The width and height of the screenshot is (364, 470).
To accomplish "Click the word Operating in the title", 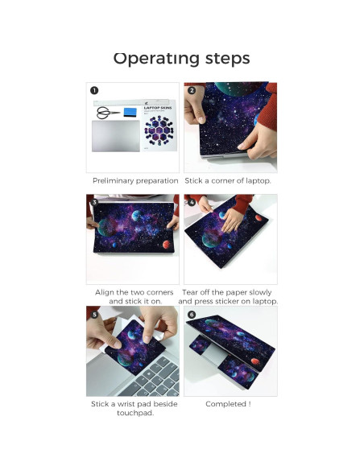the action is pyautogui.click(x=156, y=59).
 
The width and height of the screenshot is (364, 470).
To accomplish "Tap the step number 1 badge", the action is pyautogui.click(x=94, y=90).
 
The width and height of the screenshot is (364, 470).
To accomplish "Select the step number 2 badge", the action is pyautogui.click(x=192, y=90).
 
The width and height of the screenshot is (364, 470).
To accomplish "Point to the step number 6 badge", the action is pyautogui.click(x=192, y=314).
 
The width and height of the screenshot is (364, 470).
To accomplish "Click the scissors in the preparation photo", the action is pyautogui.click(x=108, y=113).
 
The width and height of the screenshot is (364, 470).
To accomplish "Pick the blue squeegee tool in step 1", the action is pyautogui.click(x=130, y=112).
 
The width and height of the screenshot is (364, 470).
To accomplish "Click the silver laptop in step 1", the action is pyautogui.click(x=116, y=136).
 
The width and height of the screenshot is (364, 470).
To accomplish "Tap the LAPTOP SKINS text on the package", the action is pyautogui.click(x=158, y=108).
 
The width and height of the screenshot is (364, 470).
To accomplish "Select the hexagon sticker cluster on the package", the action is pyautogui.click(x=159, y=130).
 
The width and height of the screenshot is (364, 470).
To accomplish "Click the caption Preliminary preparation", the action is pyautogui.click(x=135, y=181).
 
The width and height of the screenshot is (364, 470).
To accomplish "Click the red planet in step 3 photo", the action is pyautogui.click(x=167, y=245).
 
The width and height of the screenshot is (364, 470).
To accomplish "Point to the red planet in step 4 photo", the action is pyautogui.click(x=259, y=217).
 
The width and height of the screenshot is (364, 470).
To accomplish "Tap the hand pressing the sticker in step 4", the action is pyautogui.click(x=232, y=220).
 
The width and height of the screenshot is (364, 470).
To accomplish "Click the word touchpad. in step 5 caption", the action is pyautogui.click(x=135, y=413).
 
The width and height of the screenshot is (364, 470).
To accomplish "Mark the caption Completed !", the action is pyautogui.click(x=228, y=404).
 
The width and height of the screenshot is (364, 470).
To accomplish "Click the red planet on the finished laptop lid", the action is pyautogui.click(x=255, y=361).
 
